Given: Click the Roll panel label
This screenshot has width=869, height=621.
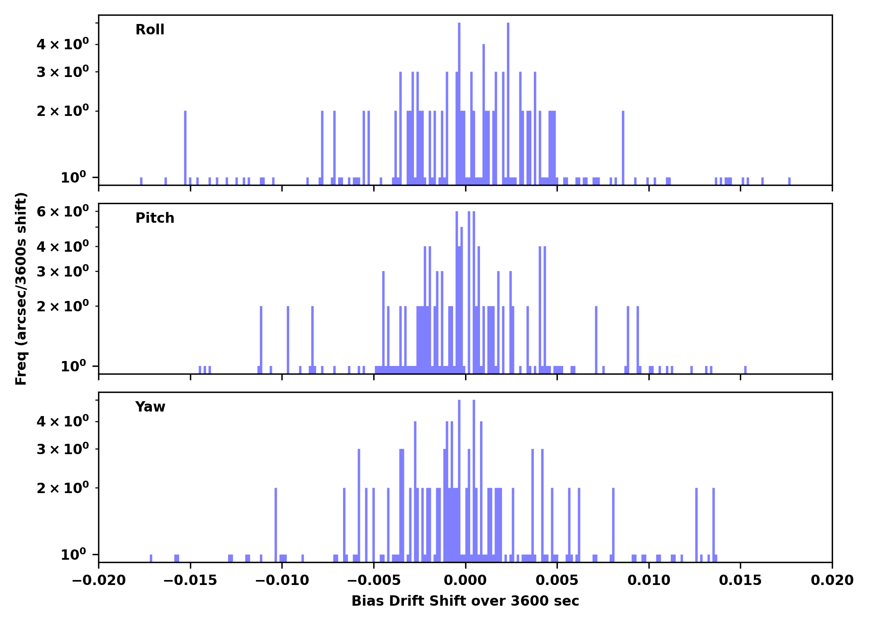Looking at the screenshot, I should (x=150, y=30).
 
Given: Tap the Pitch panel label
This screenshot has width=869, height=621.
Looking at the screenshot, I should (x=155, y=218).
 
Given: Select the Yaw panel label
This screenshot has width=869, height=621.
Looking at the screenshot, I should (x=150, y=407).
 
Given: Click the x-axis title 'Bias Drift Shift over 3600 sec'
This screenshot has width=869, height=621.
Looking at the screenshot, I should (x=465, y=601).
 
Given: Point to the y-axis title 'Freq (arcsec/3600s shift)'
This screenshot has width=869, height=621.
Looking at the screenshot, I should (x=21, y=289).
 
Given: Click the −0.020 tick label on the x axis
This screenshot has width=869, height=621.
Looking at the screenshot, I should (x=98, y=580).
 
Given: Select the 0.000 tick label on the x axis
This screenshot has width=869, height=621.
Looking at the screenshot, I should (x=465, y=580).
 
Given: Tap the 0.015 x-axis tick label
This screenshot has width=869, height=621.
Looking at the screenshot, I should (x=740, y=580).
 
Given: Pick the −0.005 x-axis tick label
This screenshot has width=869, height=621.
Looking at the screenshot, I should (x=374, y=580).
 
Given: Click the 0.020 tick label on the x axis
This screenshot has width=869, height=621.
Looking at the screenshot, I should (x=832, y=580).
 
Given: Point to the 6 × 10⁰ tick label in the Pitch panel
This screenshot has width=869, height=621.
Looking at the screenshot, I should (x=62, y=212).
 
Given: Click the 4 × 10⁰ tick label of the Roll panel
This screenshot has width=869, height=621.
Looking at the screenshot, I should (x=62, y=44).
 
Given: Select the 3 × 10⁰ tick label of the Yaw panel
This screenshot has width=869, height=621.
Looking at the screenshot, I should (x=62, y=449).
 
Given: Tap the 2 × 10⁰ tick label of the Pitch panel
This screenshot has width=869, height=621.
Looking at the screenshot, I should (x=62, y=306).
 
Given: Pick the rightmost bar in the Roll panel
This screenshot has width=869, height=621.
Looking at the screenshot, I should (x=789, y=181).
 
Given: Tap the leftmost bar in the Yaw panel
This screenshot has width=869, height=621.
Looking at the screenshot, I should (x=151, y=558).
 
